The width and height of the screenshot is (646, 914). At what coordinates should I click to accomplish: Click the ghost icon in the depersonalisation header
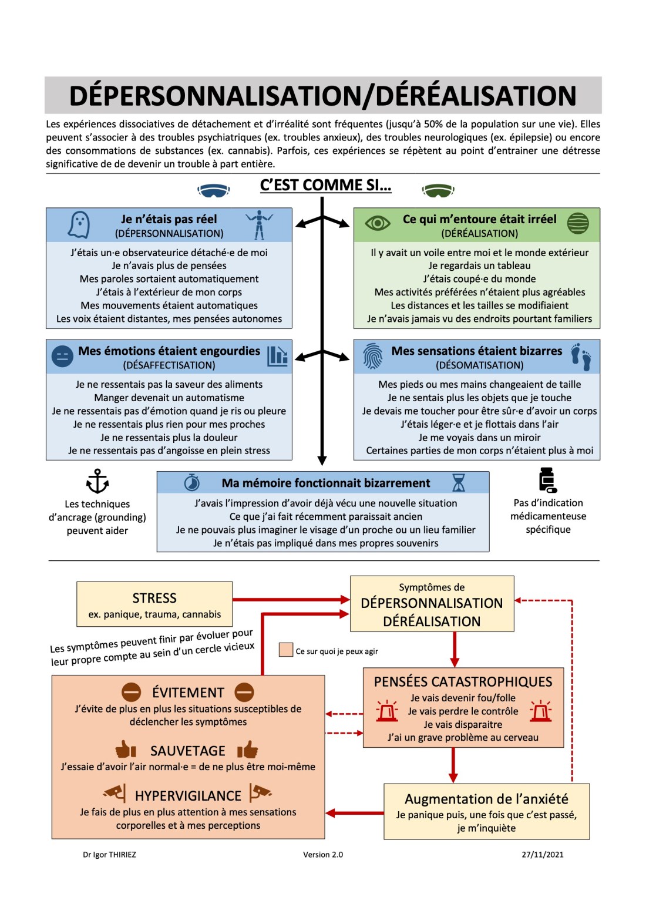point(79,224)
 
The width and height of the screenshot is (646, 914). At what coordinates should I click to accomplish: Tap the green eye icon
point(378,223)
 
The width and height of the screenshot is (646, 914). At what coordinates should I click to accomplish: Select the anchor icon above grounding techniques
point(97,482)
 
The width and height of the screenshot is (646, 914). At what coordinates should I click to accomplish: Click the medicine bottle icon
point(547,480)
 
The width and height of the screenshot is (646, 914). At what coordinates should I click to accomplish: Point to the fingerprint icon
point(373,356)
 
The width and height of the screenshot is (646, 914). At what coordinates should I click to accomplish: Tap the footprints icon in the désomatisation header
point(581,357)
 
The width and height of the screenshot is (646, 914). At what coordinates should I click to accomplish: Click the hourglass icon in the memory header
point(459,483)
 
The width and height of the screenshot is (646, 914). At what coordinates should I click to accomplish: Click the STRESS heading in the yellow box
point(154,598)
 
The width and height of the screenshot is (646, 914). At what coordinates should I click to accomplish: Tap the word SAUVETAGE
point(187,751)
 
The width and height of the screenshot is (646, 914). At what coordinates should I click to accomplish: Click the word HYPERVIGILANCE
point(188,796)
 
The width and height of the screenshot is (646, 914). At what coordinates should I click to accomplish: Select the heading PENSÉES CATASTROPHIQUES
point(463,682)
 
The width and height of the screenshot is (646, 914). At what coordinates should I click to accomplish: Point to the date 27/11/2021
point(543,855)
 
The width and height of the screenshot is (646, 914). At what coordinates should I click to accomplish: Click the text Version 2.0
point(322,855)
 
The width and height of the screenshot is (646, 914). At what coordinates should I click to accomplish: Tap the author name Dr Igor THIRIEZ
point(109,855)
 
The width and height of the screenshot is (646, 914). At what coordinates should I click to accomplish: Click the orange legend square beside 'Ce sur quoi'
point(286,650)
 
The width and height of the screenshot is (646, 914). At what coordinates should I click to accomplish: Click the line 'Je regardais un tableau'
point(479,266)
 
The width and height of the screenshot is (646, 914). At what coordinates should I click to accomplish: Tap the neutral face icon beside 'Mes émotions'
point(62,356)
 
